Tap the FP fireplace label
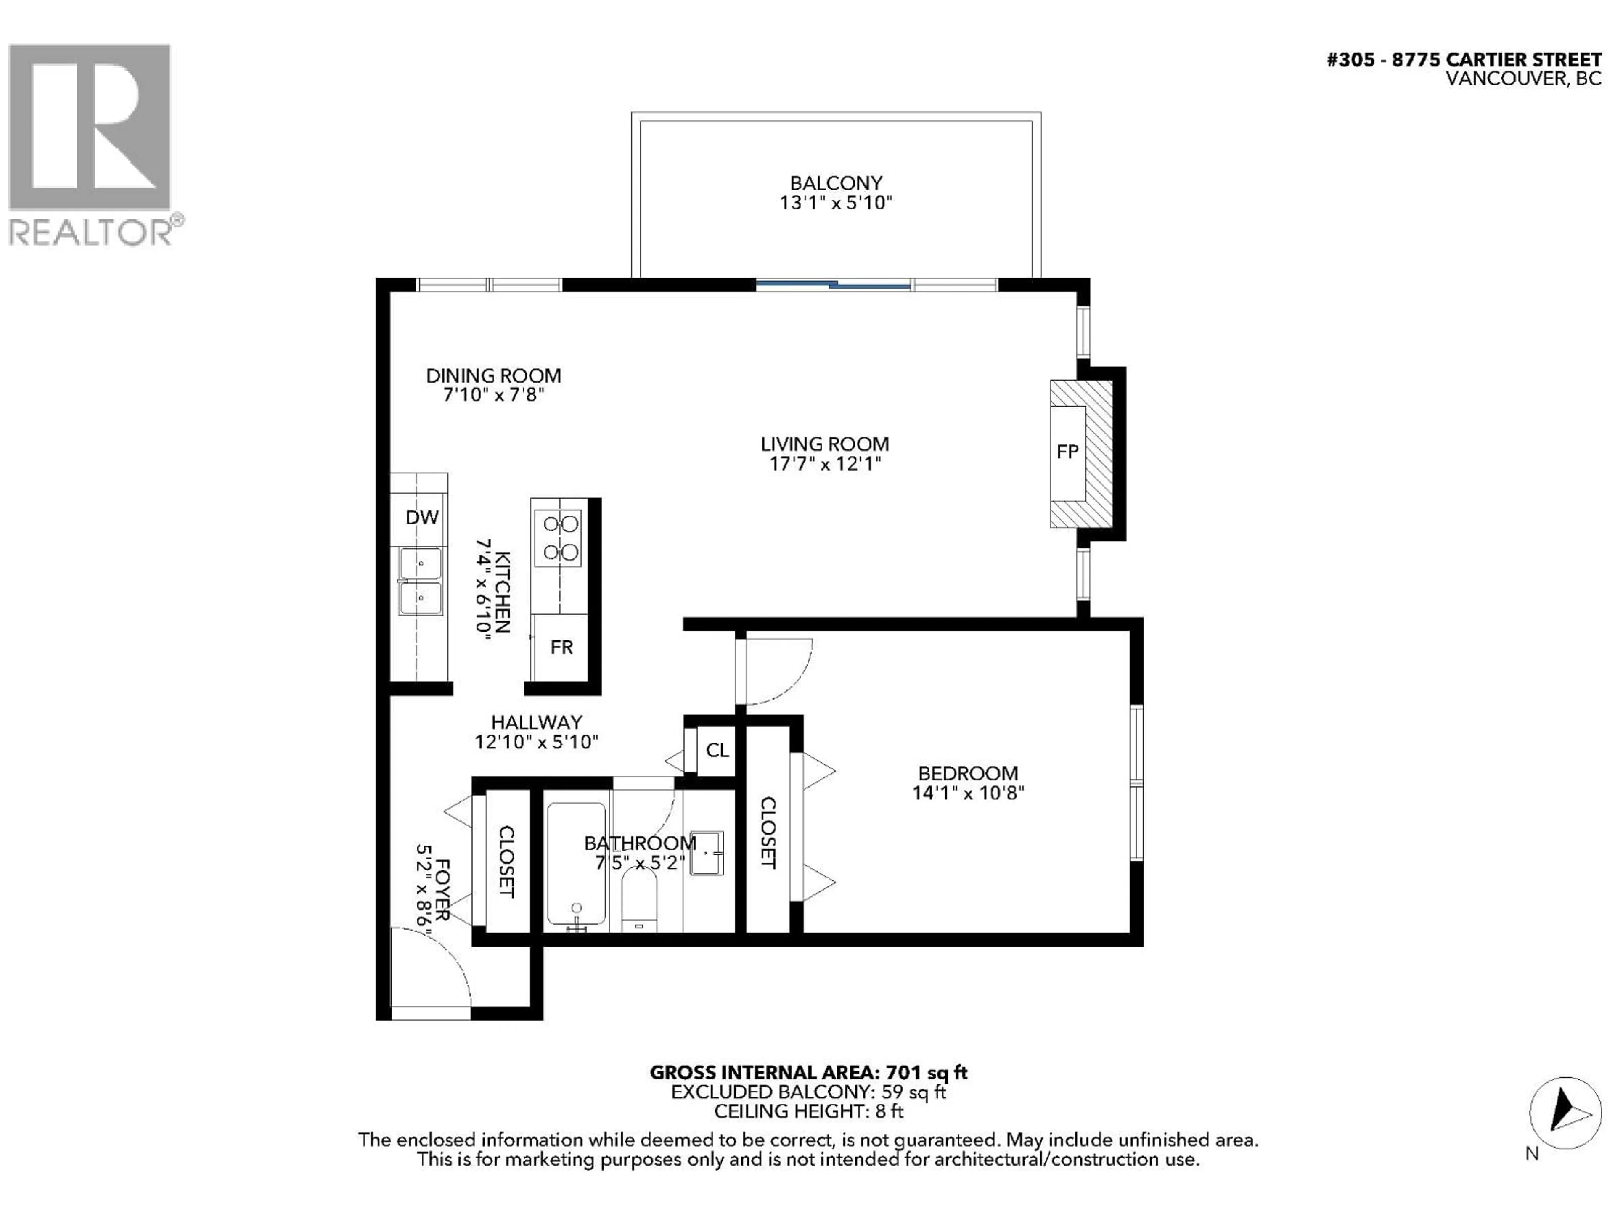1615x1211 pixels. coord(1067,452)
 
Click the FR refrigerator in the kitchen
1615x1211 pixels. coord(561,647)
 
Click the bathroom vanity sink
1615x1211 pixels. coord(706,853)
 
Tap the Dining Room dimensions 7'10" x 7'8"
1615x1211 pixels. coord(494,395)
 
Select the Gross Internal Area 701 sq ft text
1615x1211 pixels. coord(808,1072)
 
